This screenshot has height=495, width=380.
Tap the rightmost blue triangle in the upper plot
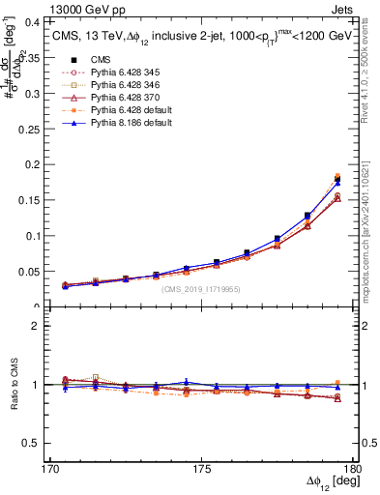(337, 182)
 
